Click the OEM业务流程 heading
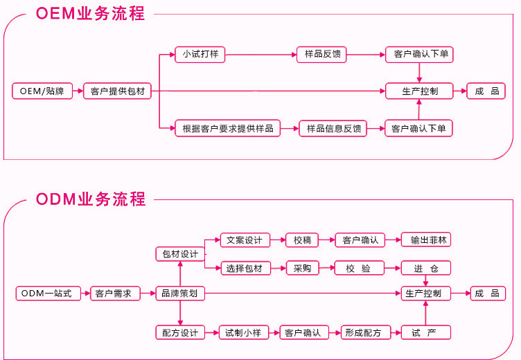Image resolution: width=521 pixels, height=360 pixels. click(90, 14)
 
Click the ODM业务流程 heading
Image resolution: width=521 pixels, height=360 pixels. click(90, 199)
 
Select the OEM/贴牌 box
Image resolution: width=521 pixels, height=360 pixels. click(42, 91)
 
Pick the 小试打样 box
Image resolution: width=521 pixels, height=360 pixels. click(201, 54)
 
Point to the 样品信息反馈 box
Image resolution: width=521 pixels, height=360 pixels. click(333, 128)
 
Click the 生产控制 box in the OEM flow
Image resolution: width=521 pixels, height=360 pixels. click(419, 91)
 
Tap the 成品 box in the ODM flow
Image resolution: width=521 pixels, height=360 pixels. click(487, 294)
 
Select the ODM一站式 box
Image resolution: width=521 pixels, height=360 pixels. click(46, 294)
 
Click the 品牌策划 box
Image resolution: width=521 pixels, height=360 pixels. click(179, 294)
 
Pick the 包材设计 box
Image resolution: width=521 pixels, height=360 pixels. click(179, 254)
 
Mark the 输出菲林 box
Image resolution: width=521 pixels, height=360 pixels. click(426, 240)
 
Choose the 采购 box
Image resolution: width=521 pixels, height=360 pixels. click(302, 268)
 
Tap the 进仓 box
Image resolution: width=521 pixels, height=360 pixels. click(426, 268)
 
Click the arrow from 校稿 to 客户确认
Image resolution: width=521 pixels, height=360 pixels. click(327, 240)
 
